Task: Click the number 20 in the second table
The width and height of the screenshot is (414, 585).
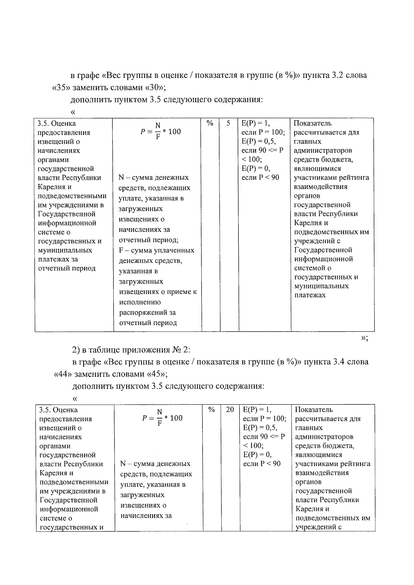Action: [230, 410]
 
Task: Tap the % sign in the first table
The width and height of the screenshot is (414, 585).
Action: [210, 123]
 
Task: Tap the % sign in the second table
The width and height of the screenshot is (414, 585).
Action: [211, 410]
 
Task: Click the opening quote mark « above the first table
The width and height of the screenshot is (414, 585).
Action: [73, 112]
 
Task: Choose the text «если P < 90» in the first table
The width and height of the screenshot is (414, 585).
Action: [260, 178]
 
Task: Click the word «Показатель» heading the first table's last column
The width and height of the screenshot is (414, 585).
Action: [313, 123]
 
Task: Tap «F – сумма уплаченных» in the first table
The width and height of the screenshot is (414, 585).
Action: [157, 250]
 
